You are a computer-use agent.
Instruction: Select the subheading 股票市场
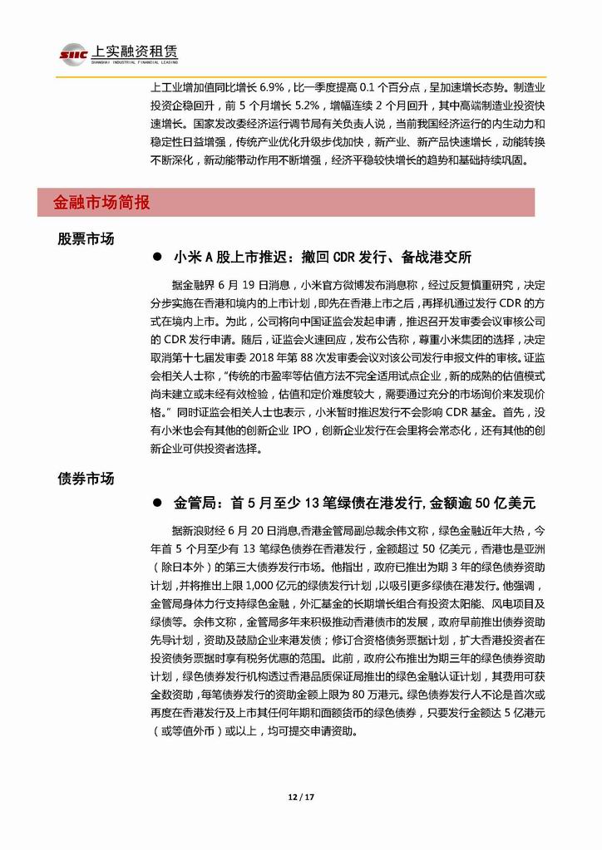pos(86,238)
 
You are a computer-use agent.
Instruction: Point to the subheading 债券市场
pos(86,479)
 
